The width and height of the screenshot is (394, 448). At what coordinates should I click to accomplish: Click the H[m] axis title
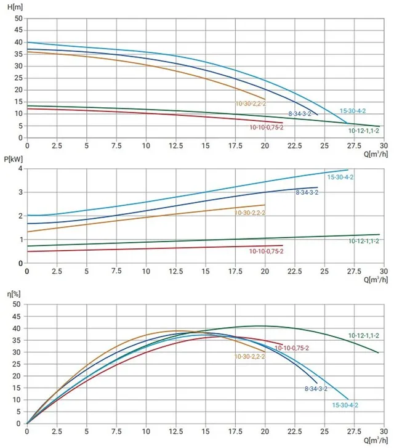tap(15, 7)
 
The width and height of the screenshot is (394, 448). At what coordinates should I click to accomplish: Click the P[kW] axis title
tap(13, 159)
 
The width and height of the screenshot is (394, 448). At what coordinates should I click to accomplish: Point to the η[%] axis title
tap(14, 294)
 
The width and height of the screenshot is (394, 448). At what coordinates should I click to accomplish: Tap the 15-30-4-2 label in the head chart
tap(353, 111)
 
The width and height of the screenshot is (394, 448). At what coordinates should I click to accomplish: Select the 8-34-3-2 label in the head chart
tap(300, 114)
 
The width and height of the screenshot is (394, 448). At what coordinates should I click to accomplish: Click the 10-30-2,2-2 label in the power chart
tap(250, 213)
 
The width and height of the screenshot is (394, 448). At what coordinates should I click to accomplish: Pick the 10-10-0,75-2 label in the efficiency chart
tap(292, 348)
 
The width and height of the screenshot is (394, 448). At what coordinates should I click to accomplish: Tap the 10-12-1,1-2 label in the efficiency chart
tap(364, 335)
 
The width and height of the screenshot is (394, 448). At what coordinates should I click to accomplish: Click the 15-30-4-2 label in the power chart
tap(340, 177)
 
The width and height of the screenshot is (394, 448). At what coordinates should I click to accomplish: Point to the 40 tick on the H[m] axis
tap(18, 43)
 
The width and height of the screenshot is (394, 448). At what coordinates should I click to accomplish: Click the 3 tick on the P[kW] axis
tap(20, 192)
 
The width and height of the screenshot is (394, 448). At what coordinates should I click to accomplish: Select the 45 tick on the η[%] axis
tap(17, 316)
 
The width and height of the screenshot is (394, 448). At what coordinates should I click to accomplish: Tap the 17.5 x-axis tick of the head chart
tap(235, 145)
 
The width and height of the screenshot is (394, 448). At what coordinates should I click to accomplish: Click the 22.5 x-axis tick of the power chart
tap(295, 271)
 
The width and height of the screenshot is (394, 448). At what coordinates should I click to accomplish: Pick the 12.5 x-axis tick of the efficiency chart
tap(176, 431)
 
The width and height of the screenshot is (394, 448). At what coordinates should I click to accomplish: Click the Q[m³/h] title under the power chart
tap(376, 279)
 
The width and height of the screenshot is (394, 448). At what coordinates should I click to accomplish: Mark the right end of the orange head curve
tap(265, 99)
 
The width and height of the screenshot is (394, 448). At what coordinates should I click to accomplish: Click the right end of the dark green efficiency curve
tap(379, 352)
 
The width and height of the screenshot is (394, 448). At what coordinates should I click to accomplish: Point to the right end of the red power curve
tap(283, 245)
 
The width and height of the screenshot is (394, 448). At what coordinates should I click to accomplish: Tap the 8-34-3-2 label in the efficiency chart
tap(316, 389)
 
